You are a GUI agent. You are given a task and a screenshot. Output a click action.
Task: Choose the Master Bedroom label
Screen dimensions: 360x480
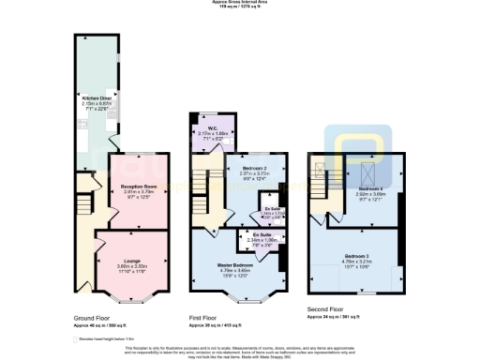tap(236, 265)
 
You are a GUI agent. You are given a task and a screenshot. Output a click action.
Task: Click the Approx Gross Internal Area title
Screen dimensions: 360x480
tap(239, 4)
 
